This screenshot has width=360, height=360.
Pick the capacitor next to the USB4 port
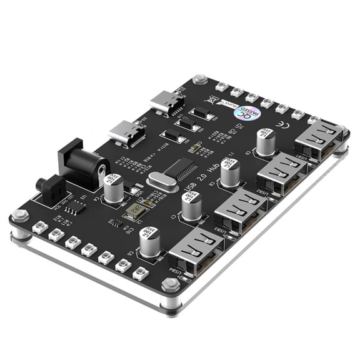pyautogui.click(x=149, y=242)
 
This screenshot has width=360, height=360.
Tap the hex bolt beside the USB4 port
pyautogui.click(x=170, y=285)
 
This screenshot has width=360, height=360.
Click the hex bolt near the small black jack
pyautogui.click(x=20, y=216)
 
